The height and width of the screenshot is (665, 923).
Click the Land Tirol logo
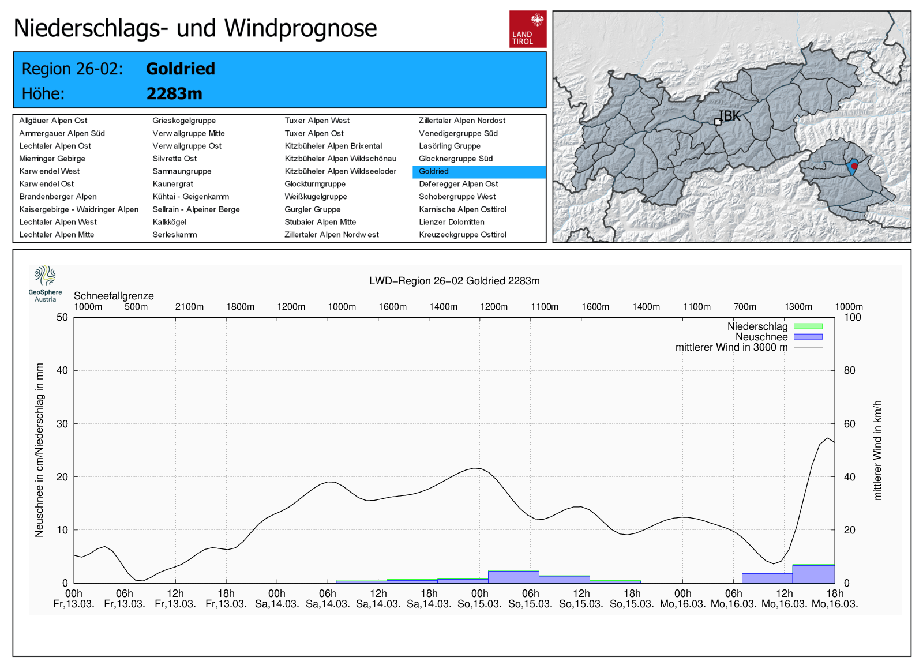pos(527,29)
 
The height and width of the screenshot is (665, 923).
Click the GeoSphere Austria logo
pos(45,283)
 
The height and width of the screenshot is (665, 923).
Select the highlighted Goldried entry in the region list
pos(434,171)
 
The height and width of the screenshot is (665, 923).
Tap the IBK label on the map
pos(729,116)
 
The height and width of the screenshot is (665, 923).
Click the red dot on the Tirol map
pos(854,166)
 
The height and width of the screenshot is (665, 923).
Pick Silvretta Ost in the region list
pos(174,159)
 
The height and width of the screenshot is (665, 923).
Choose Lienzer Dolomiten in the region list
pos(451,222)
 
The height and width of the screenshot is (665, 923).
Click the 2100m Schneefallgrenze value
pos(189,307)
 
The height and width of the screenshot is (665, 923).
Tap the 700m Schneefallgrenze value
pos(745,307)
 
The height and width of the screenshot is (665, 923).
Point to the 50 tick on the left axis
pos(62,317)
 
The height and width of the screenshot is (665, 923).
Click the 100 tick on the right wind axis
pos(852,317)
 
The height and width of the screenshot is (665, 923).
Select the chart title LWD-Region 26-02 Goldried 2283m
pos(454,281)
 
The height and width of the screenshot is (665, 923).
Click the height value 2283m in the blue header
pos(174,93)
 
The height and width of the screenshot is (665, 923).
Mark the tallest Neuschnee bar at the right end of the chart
pos(813,574)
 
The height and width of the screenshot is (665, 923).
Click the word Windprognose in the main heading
pos(301,28)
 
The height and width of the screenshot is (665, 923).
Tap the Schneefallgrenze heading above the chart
pos(114,296)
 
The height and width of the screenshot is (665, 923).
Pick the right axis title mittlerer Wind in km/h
pos(877,450)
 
